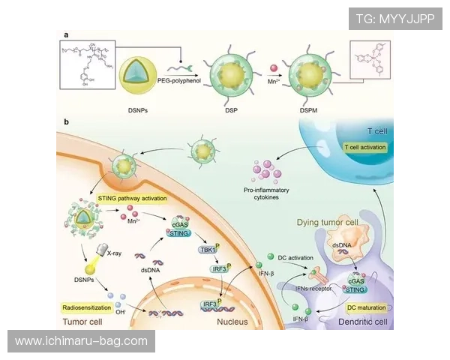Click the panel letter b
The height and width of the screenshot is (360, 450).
[67, 121]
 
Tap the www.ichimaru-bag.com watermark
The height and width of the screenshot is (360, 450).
[81, 341]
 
